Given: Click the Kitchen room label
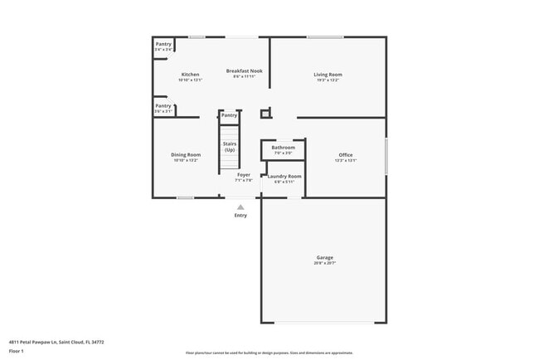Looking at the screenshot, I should [190, 75].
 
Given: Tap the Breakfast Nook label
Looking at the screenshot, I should [244, 71].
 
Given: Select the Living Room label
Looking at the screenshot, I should [328, 75].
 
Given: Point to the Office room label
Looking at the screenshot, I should [345, 155].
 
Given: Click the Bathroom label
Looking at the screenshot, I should [283, 148].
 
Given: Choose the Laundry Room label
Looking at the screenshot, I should [284, 176].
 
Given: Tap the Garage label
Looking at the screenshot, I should [324, 257].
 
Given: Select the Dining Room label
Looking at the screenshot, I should [186, 155].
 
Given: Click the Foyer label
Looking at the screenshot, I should [243, 175].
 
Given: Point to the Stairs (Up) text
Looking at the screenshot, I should [229, 146].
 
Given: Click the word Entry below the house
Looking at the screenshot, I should [240, 216].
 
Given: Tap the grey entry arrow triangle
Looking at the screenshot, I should [240, 207].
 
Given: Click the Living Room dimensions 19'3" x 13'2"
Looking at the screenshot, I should [328, 80].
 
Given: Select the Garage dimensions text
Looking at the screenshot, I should [324, 263].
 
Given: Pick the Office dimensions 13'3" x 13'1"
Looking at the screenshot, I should [345, 161].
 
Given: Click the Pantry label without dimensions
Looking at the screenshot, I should [229, 115].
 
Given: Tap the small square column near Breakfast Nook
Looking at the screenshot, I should [265, 114].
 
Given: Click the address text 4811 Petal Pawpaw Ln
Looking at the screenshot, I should [56, 341].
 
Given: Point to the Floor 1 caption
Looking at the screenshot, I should [17, 351].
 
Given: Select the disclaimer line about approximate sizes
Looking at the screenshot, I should [269, 353].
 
